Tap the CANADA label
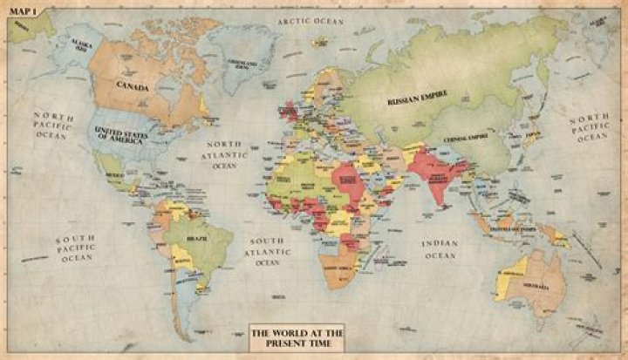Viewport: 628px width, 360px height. pyautogui.click(x=136, y=87)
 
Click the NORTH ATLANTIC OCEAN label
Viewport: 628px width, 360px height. pyautogui.click(x=224, y=153)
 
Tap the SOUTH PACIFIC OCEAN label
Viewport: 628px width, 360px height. pyautogui.click(x=75, y=248)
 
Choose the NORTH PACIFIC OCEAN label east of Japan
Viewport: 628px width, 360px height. pyautogui.click(x=590, y=127)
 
